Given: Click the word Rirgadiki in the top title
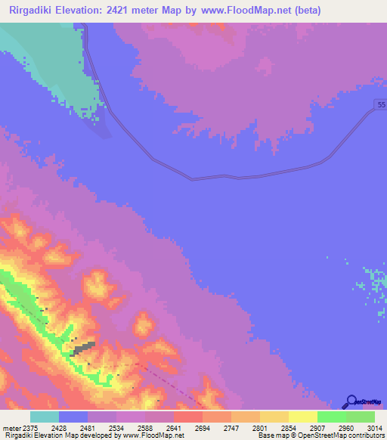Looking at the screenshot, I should point(34,11).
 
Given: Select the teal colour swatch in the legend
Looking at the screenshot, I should point(45,417).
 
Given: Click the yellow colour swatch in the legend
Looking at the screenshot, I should point(302,417).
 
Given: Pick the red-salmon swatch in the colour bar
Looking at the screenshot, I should point(187,417).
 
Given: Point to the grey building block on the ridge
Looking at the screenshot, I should point(83,347).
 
